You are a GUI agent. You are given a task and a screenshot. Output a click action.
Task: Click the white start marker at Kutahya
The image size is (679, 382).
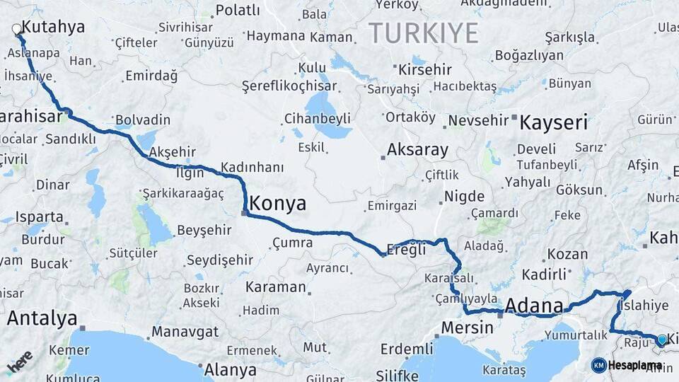point(17,30)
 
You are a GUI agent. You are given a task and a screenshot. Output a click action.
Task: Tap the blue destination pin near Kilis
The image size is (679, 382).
point(661,340)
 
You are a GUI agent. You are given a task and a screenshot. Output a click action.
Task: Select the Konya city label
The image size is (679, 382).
point(278,204)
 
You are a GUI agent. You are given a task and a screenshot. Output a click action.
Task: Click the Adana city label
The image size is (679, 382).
point(534,306)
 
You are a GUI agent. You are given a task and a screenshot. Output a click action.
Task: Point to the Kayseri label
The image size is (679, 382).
point(554,122)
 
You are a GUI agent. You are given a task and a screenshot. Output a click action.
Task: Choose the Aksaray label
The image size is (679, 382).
point(417,150)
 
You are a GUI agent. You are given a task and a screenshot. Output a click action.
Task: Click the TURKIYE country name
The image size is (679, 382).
point(423,33)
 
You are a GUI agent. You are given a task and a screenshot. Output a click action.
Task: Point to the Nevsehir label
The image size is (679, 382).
point(479,120)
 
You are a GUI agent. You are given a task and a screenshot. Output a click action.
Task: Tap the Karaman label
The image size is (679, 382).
point(275,288)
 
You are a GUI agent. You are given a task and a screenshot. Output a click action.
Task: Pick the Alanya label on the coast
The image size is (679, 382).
point(230,369)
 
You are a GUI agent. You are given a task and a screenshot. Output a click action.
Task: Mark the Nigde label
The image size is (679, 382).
point(464,197)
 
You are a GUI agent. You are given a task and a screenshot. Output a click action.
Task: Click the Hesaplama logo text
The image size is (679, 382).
point(634,366)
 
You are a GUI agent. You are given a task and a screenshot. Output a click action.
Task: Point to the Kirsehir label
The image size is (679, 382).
point(425,69)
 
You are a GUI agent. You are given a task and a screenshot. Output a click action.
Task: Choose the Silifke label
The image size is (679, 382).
point(397,374)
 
